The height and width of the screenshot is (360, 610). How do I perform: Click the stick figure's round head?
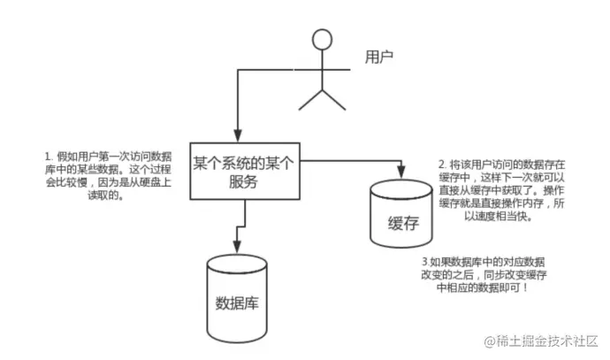pos(323,40)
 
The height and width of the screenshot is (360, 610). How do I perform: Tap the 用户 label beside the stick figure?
pos(379,58)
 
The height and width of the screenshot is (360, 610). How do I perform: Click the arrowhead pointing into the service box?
pos(236,134)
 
